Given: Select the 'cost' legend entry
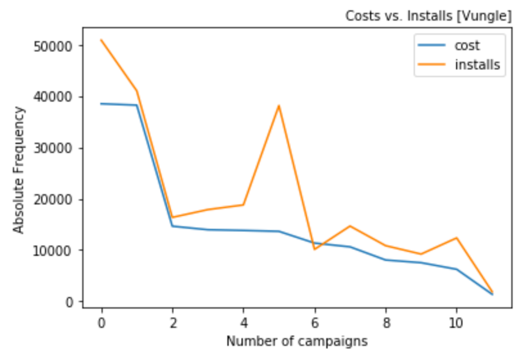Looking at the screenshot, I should [x=467, y=46].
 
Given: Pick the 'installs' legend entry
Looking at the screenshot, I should [x=477, y=64].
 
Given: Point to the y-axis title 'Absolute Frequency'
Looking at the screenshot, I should [x=19, y=170].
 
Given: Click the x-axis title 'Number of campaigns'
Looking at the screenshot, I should [x=296, y=341].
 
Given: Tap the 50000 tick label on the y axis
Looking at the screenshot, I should [x=55, y=46].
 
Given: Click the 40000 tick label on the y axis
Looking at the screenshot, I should [x=55, y=97].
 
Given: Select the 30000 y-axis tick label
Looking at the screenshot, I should [x=55, y=148].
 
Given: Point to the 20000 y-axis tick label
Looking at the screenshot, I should [x=55, y=199].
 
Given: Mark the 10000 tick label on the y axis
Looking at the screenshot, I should [x=55, y=250].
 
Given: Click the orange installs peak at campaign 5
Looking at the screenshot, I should [x=279, y=105].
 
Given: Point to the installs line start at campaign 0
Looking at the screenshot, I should [x=101, y=40].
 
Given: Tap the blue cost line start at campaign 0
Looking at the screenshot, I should [x=101, y=104].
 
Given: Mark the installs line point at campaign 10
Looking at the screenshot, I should [x=457, y=238].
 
